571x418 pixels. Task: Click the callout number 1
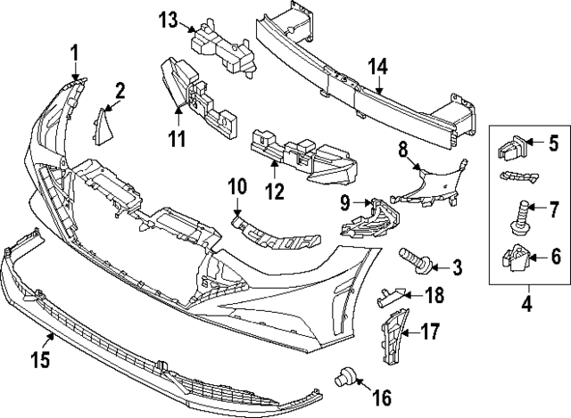point(75,51)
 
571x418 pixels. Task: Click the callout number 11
point(177,138)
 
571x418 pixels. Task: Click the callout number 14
point(378,65)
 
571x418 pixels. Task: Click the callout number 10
point(236,187)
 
